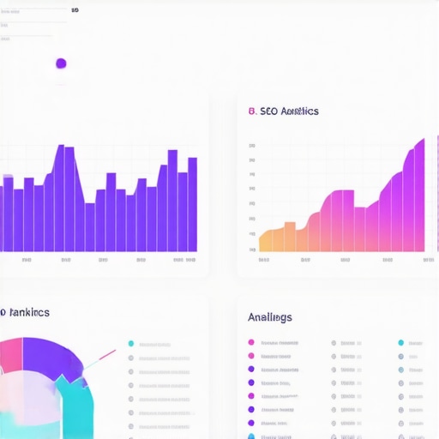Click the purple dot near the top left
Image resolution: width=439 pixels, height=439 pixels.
[61, 63]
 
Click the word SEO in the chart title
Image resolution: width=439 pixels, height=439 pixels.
[268, 111]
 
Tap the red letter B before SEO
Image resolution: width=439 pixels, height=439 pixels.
[250, 111]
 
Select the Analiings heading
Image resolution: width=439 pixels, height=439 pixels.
[269, 317]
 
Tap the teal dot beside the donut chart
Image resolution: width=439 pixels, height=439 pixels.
[130, 343]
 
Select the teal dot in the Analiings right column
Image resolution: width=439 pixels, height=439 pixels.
[400, 343]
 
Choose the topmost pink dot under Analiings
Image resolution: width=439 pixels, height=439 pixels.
[250, 343]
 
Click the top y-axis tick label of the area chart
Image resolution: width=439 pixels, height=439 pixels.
[252, 146]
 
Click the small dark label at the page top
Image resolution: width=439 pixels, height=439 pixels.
[75, 11]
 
